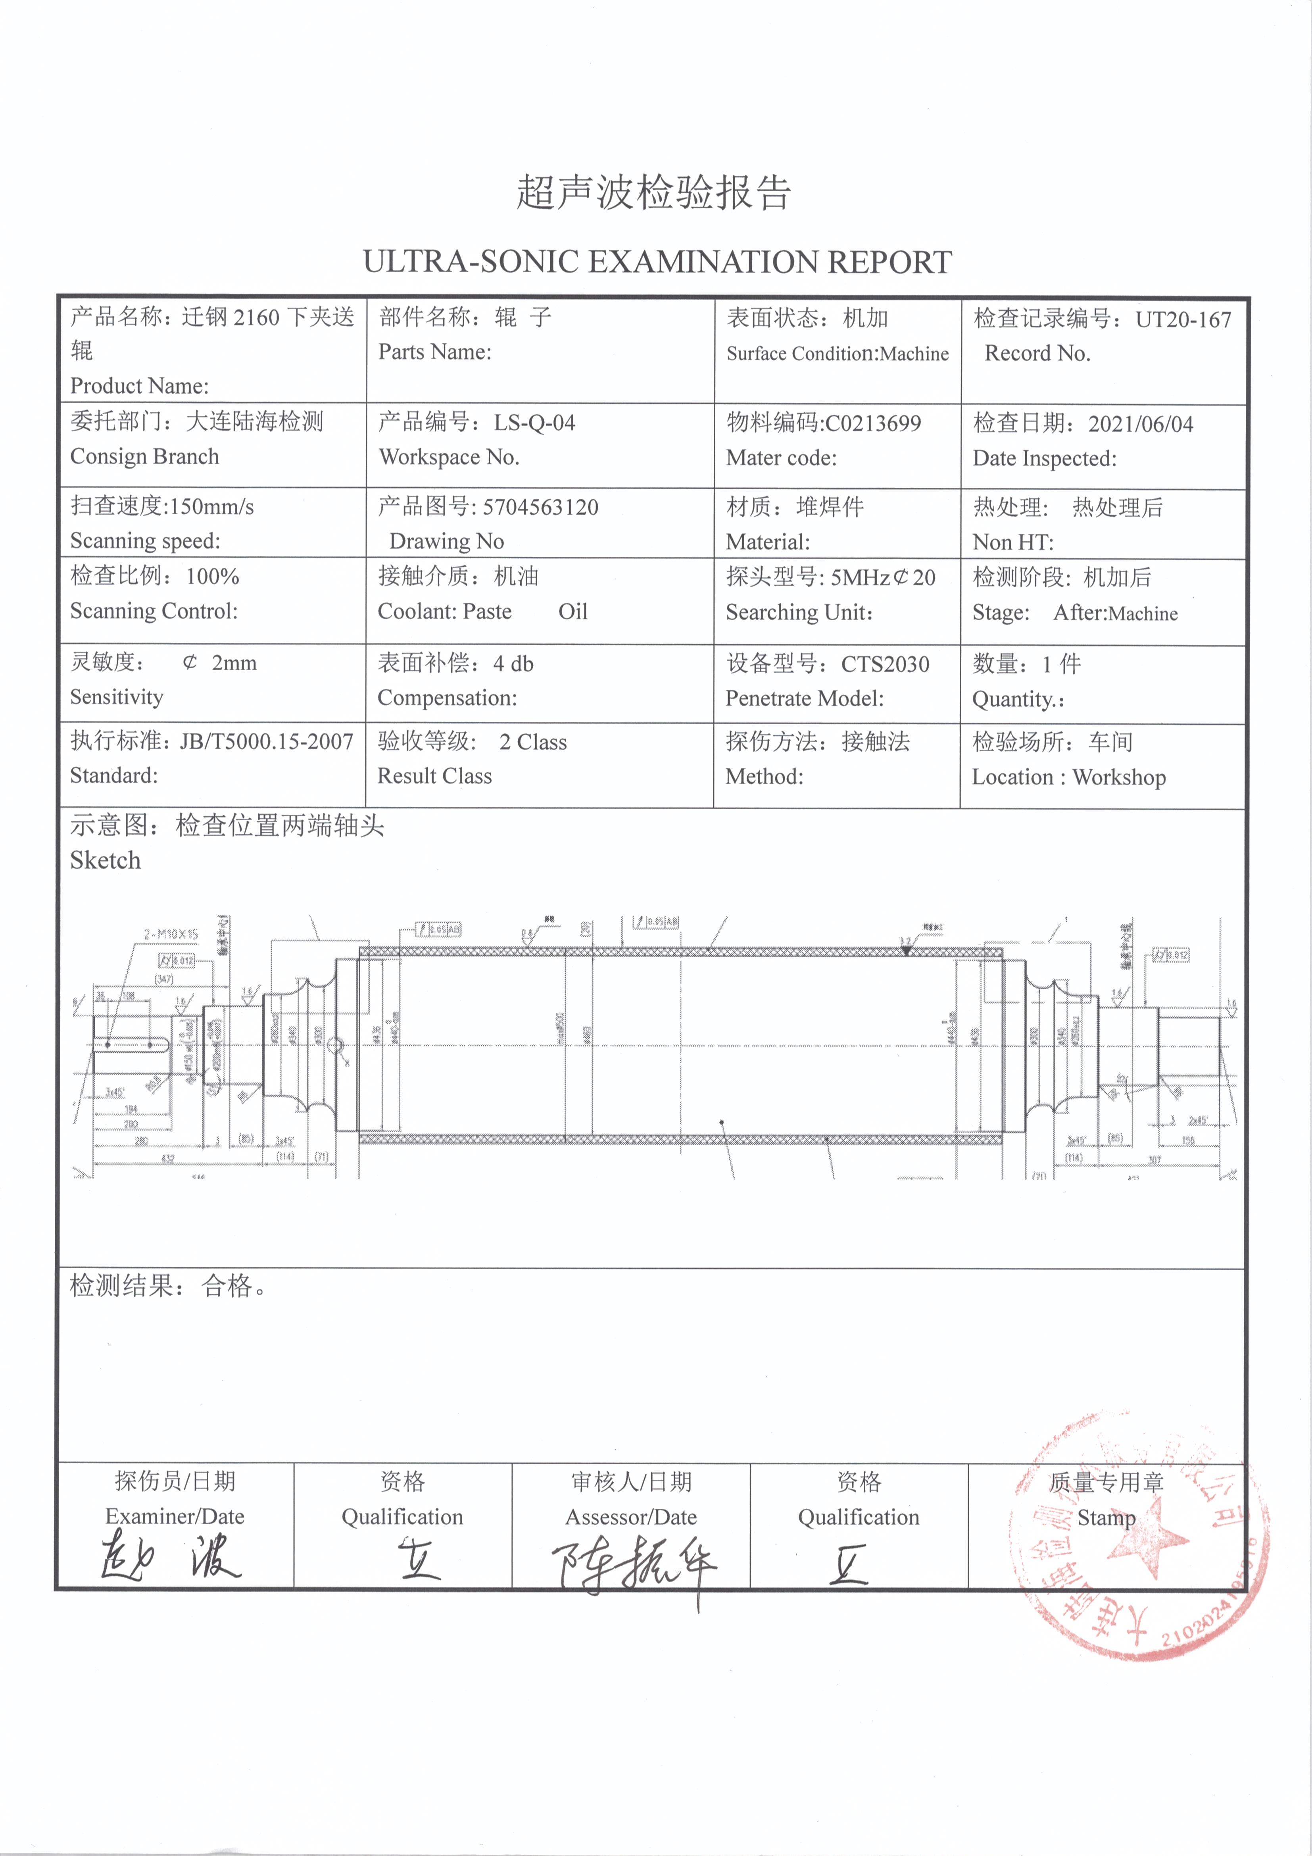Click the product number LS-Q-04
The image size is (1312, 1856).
534,423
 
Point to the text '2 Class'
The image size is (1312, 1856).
533,742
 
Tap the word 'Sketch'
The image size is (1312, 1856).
105,861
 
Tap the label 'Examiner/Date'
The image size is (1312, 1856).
175,1516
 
